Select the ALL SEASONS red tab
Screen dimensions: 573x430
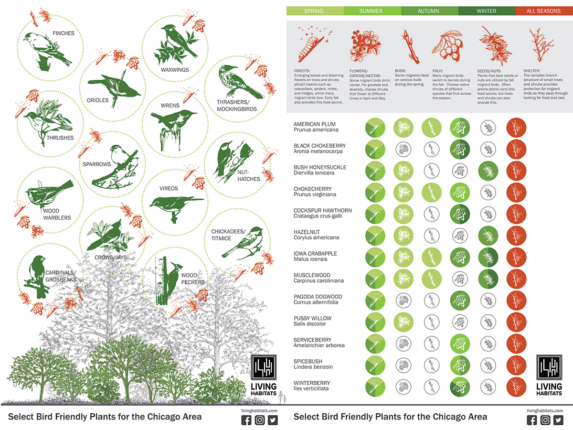click(544, 11)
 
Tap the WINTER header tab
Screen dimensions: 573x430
click(487, 11)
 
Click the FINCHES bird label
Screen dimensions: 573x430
click(64, 33)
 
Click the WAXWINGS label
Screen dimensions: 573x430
click(175, 70)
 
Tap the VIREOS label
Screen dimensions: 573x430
click(169, 189)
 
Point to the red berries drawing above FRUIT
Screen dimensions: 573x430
click(447, 46)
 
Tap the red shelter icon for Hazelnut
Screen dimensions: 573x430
click(516, 236)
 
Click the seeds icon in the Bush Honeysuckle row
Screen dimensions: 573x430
click(488, 171)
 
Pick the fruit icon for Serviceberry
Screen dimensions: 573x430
click(460, 344)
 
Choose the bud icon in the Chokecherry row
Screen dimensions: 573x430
click(432, 193)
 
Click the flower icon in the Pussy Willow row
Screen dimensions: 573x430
click(403, 322)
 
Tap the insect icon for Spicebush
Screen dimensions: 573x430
click(375, 365)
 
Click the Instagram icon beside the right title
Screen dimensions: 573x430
click(545, 420)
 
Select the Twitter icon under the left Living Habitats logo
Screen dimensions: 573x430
click(273, 420)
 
